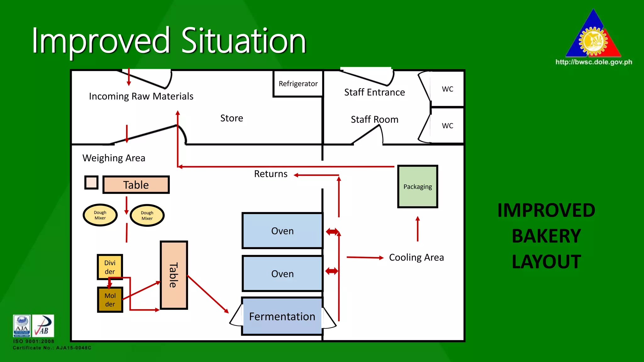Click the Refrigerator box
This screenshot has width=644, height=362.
click(298, 84)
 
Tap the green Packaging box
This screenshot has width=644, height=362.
click(418, 186)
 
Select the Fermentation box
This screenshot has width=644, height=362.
click(282, 316)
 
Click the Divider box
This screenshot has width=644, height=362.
click(110, 267)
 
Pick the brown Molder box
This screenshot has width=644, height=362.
click(110, 300)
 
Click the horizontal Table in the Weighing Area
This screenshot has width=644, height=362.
click(136, 185)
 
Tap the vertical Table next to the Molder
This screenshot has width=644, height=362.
click(174, 275)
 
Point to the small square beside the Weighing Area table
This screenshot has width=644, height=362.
click(92, 183)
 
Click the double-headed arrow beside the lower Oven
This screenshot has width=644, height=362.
click(332, 271)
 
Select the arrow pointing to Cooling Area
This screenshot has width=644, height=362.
click(365, 258)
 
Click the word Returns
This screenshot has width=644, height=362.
click(271, 174)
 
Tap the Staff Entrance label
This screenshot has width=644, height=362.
click(375, 92)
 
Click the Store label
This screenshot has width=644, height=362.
click(232, 118)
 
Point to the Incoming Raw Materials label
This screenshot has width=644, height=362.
click(141, 96)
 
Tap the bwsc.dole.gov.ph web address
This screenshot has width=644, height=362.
click(594, 62)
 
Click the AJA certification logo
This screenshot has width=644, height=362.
click(22, 326)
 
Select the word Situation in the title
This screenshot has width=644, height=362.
click(244, 41)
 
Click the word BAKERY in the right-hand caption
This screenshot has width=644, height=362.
click(546, 236)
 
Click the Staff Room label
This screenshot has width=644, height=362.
click(375, 119)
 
